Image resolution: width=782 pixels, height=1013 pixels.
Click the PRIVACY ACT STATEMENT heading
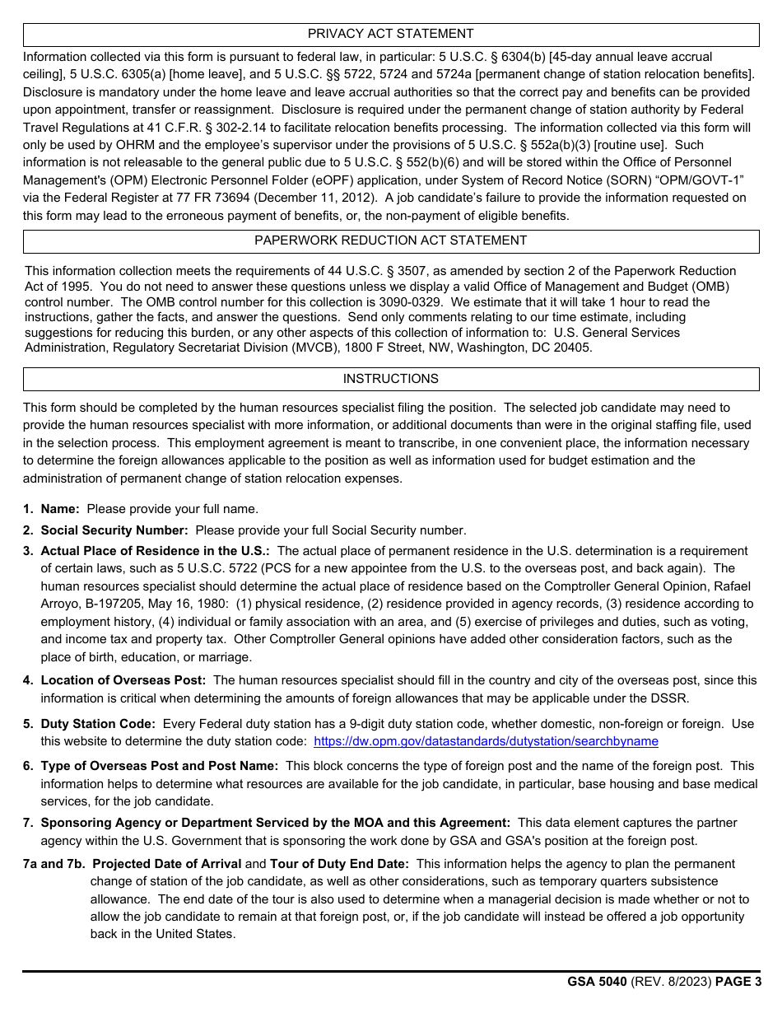coord(390,34)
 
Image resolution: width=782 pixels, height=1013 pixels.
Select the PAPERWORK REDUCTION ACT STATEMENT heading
coord(390,240)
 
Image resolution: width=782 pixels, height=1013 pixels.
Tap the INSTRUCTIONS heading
coord(390,379)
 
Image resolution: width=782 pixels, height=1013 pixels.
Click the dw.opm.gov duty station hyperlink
coord(486,741)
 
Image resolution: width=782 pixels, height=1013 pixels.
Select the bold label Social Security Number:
coord(114,530)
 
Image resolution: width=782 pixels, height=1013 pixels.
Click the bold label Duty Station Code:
coord(98,724)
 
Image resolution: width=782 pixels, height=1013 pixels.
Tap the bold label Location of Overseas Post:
coord(123,680)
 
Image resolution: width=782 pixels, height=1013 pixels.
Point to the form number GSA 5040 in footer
coord(597,982)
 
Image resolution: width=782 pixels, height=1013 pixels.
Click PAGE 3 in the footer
coord(738,982)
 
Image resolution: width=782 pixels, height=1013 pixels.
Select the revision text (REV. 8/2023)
coord(670,982)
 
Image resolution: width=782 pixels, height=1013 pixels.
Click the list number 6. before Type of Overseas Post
coord(28,766)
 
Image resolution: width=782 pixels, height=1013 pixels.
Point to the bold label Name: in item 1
coord(60,509)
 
